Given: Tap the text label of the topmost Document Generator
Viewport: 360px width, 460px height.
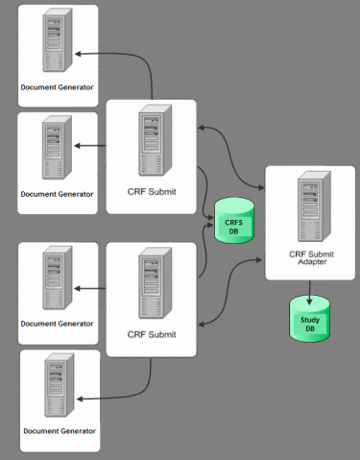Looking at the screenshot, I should coord(58,87).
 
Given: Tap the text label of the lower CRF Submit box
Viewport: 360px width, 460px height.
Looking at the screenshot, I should coord(151,335).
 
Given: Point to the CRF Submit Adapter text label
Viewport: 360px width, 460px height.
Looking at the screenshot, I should coord(309,258).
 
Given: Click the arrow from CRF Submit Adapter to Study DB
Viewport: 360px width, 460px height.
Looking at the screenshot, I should coord(309,287).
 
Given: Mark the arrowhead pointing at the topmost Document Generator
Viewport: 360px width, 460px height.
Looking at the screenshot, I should coord(78,54).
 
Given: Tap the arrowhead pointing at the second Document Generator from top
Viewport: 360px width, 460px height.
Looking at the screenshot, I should coord(78,146).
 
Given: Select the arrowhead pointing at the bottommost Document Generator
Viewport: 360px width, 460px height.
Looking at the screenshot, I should coord(78,397).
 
